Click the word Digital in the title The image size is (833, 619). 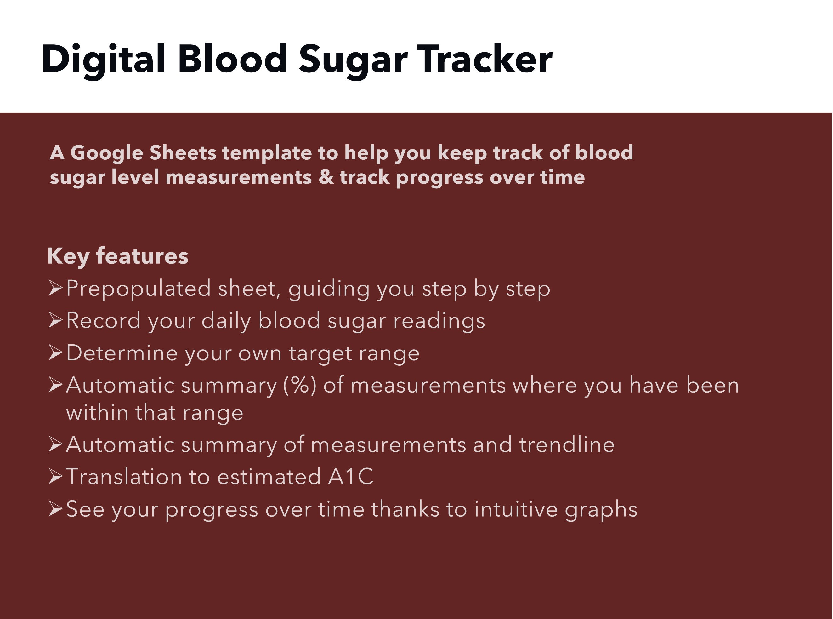point(103,59)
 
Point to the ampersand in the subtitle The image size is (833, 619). point(326,177)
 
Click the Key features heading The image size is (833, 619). point(117,256)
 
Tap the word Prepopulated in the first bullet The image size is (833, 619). point(139,289)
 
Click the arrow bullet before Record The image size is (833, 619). point(55,321)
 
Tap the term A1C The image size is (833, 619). point(351,477)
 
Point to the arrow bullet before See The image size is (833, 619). point(55,509)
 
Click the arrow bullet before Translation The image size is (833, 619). point(55,477)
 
